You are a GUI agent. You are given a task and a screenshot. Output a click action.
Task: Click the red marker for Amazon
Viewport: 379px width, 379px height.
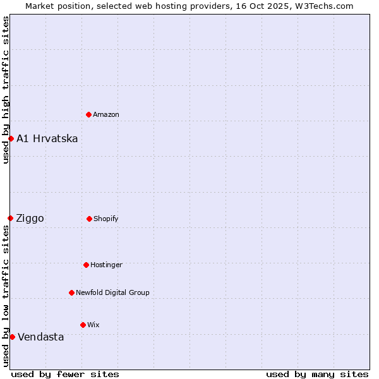[89, 114]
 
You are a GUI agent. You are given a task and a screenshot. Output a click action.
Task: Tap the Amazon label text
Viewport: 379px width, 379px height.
[106, 114]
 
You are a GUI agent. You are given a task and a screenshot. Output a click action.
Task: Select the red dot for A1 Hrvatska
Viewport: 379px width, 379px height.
[11, 138]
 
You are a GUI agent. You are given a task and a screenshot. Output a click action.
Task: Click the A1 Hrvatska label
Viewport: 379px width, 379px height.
[47, 138]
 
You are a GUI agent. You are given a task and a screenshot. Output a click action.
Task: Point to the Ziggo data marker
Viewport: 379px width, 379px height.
[11, 218]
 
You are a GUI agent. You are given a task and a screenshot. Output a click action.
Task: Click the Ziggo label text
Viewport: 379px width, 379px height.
[30, 219]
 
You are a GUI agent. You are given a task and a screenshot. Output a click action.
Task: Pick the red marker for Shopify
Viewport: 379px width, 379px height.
[89, 219]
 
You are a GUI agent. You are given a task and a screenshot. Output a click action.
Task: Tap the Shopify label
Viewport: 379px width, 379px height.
[106, 219]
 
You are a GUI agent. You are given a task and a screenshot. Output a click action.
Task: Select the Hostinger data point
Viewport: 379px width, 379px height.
[86, 265]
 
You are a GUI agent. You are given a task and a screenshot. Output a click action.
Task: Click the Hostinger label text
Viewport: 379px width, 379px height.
[107, 265]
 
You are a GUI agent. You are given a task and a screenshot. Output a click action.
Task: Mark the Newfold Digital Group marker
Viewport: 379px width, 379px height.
[71, 292]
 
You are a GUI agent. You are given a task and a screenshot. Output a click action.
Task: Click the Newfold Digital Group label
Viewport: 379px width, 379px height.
[112, 292]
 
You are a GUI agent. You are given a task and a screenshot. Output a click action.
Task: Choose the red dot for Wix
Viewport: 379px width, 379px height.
[83, 325]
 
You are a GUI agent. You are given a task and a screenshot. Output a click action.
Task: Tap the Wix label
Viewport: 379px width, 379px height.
[93, 325]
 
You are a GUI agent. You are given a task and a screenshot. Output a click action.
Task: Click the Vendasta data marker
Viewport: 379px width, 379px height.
[12, 337]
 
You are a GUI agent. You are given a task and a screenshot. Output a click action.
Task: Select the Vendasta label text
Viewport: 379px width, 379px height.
[41, 337]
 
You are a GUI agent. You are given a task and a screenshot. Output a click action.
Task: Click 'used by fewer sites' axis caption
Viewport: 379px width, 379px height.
[65, 374]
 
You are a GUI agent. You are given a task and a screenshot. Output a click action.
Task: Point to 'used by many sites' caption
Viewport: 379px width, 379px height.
[317, 374]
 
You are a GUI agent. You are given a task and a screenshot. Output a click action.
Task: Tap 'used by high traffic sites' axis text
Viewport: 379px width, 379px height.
[6, 90]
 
